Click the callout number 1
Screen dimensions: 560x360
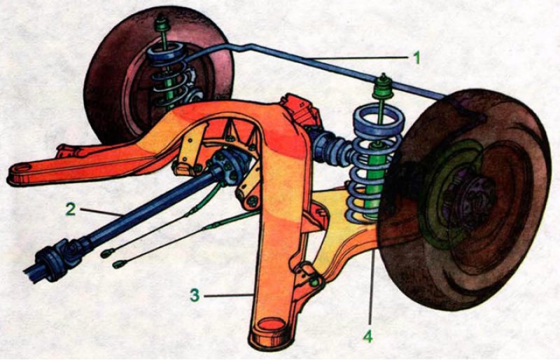[x=416, y=57]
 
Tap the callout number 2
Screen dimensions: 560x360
[x=71, y=209]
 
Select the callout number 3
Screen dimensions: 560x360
[x=195, y=296]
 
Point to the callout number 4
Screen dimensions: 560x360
[x=368, y=336]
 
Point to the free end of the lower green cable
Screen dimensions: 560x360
[x=118, y=265]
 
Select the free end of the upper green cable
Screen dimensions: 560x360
[x=107, y=254]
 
